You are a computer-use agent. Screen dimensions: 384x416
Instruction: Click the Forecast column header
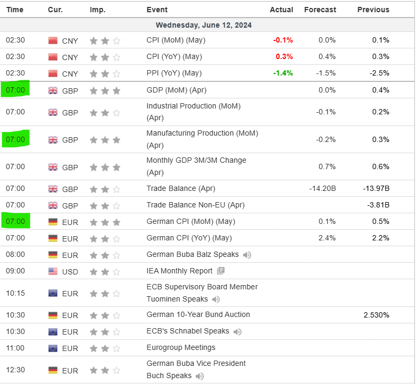(x=320, y=10)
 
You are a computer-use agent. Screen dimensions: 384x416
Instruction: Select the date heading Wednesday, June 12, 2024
(x=204, y=25)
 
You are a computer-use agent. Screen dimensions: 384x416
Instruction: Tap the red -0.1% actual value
(x=282, y=40)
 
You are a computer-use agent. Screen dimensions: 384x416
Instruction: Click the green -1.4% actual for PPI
(x=282, y=73)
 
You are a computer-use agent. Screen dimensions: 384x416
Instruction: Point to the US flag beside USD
(x=53, y=271)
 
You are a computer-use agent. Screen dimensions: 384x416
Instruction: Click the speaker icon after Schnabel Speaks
(x=237, y=331)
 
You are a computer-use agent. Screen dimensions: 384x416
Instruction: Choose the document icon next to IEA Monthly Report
(x=221, y=271)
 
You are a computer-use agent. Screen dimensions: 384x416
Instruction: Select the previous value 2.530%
(x=376, y=315)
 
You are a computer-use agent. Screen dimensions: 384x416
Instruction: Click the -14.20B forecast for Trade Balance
(x=322, y=188)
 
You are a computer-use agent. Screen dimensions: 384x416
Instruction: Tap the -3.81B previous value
(x=378, y=205)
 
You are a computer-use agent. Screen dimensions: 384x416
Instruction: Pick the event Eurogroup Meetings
(x=181, y=347)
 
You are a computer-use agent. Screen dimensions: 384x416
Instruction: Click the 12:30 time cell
(x=15, y=370)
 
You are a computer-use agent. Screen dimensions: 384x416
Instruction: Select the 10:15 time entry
(x=15, y=293)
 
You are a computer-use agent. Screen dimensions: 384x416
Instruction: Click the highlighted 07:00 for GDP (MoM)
(x=15, y=90)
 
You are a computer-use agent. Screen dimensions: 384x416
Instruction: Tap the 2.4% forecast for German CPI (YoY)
(x=327, y=238)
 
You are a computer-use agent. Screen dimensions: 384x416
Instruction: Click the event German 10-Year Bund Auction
(x=198, y=314)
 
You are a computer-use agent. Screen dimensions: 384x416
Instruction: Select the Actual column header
(x=281, y=10)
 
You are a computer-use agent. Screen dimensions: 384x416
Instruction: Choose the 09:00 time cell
(x=15, y=271)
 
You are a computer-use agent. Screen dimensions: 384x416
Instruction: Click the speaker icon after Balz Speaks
(x=247, y=255)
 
